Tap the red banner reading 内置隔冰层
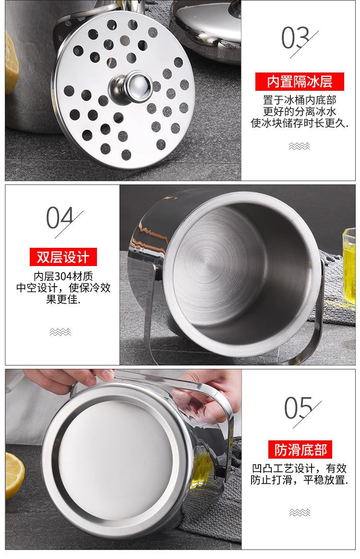pyautogui.click(x=300, y=82)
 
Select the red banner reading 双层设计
pyautogui.click(x=63, y=257)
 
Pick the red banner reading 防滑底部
pyautogui.click(x=300, y=450)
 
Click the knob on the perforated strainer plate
pyautogui.click(x=135, y=86)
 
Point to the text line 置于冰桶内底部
pyautogui.click(x=300, y=100)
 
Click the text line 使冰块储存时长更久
pyautogui.click(x=300, y=123)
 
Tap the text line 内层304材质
pyautogui.click(x=63, y=277)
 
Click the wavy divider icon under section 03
pyautogui.click(x=300, y=146)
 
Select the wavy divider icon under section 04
pyautogui.click(x=60, y=332)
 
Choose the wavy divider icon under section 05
pyautogui.click(x=300, y=512)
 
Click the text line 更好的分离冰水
pyautogui.click(x=300, y=112)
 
